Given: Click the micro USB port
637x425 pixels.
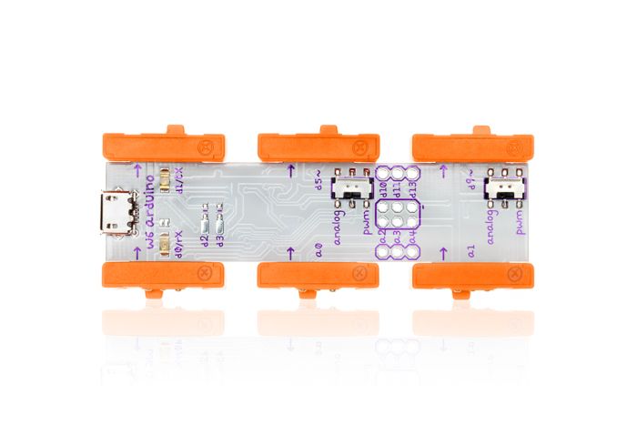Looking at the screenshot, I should coord(116,212).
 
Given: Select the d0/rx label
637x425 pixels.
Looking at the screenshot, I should coord(179,243).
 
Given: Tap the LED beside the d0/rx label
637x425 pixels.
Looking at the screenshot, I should coord(162,243).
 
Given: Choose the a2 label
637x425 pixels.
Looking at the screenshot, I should coord(383,234).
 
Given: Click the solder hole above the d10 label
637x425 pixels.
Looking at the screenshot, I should coord(383,171).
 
